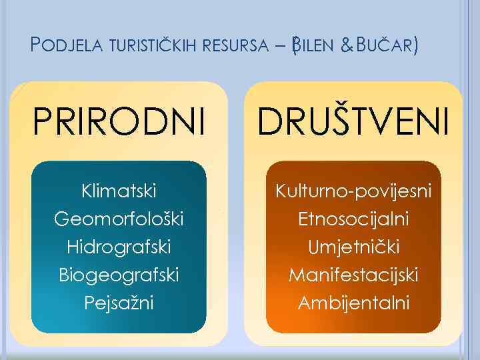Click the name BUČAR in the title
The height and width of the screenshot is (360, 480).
(383, 46)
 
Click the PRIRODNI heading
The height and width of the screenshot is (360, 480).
(119, 122)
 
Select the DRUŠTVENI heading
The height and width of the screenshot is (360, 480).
(353, 121)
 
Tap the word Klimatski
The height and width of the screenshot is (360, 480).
(119, 192)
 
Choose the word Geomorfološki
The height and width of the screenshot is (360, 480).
(119, 219)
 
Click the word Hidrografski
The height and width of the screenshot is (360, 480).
(119, 247)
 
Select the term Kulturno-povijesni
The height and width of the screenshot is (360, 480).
(353, 192)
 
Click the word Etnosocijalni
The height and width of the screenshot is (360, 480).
(353, 219)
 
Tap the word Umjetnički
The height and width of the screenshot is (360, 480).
(353, 247)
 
